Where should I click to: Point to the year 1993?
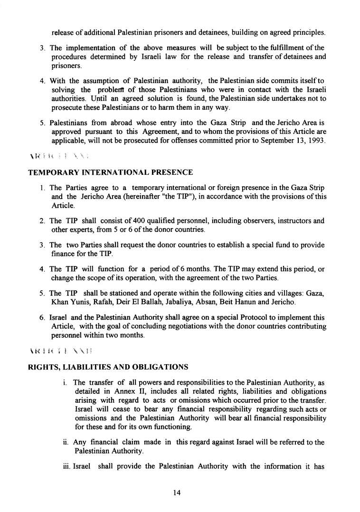(315, 143)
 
